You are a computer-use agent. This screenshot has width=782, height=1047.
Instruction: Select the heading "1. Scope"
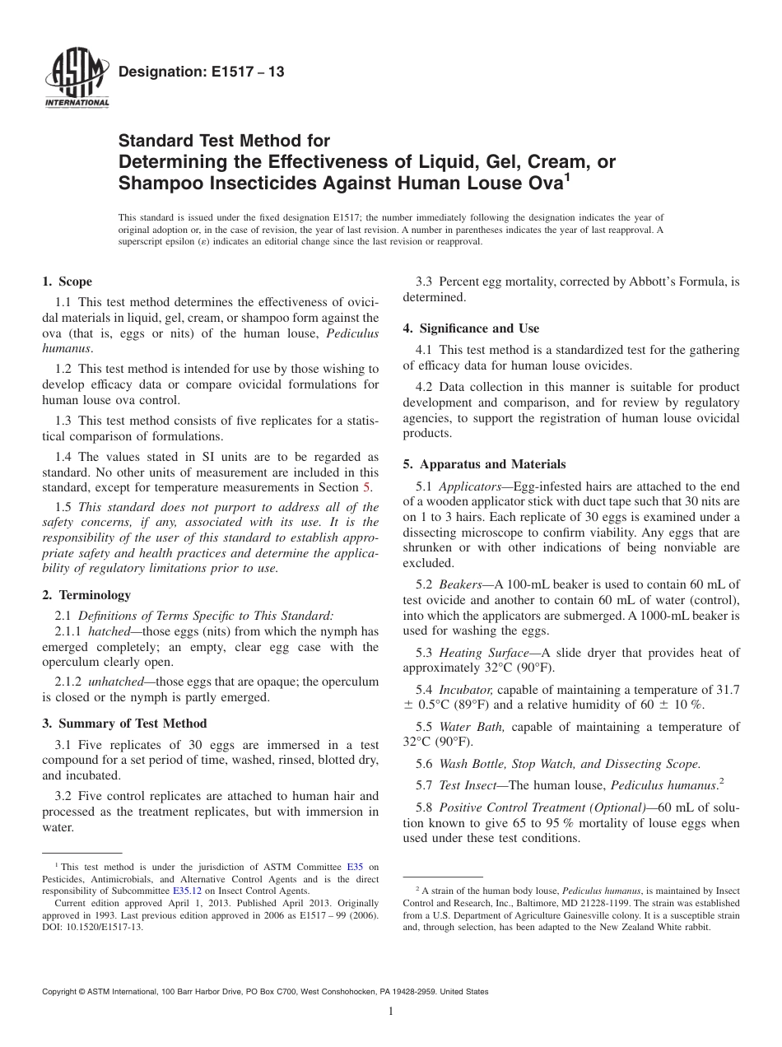67,282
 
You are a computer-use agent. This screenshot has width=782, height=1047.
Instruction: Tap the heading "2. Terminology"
86,594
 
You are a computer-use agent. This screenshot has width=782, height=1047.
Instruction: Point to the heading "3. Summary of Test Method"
124,724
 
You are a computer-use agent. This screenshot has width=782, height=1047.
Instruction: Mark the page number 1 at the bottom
391,1012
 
